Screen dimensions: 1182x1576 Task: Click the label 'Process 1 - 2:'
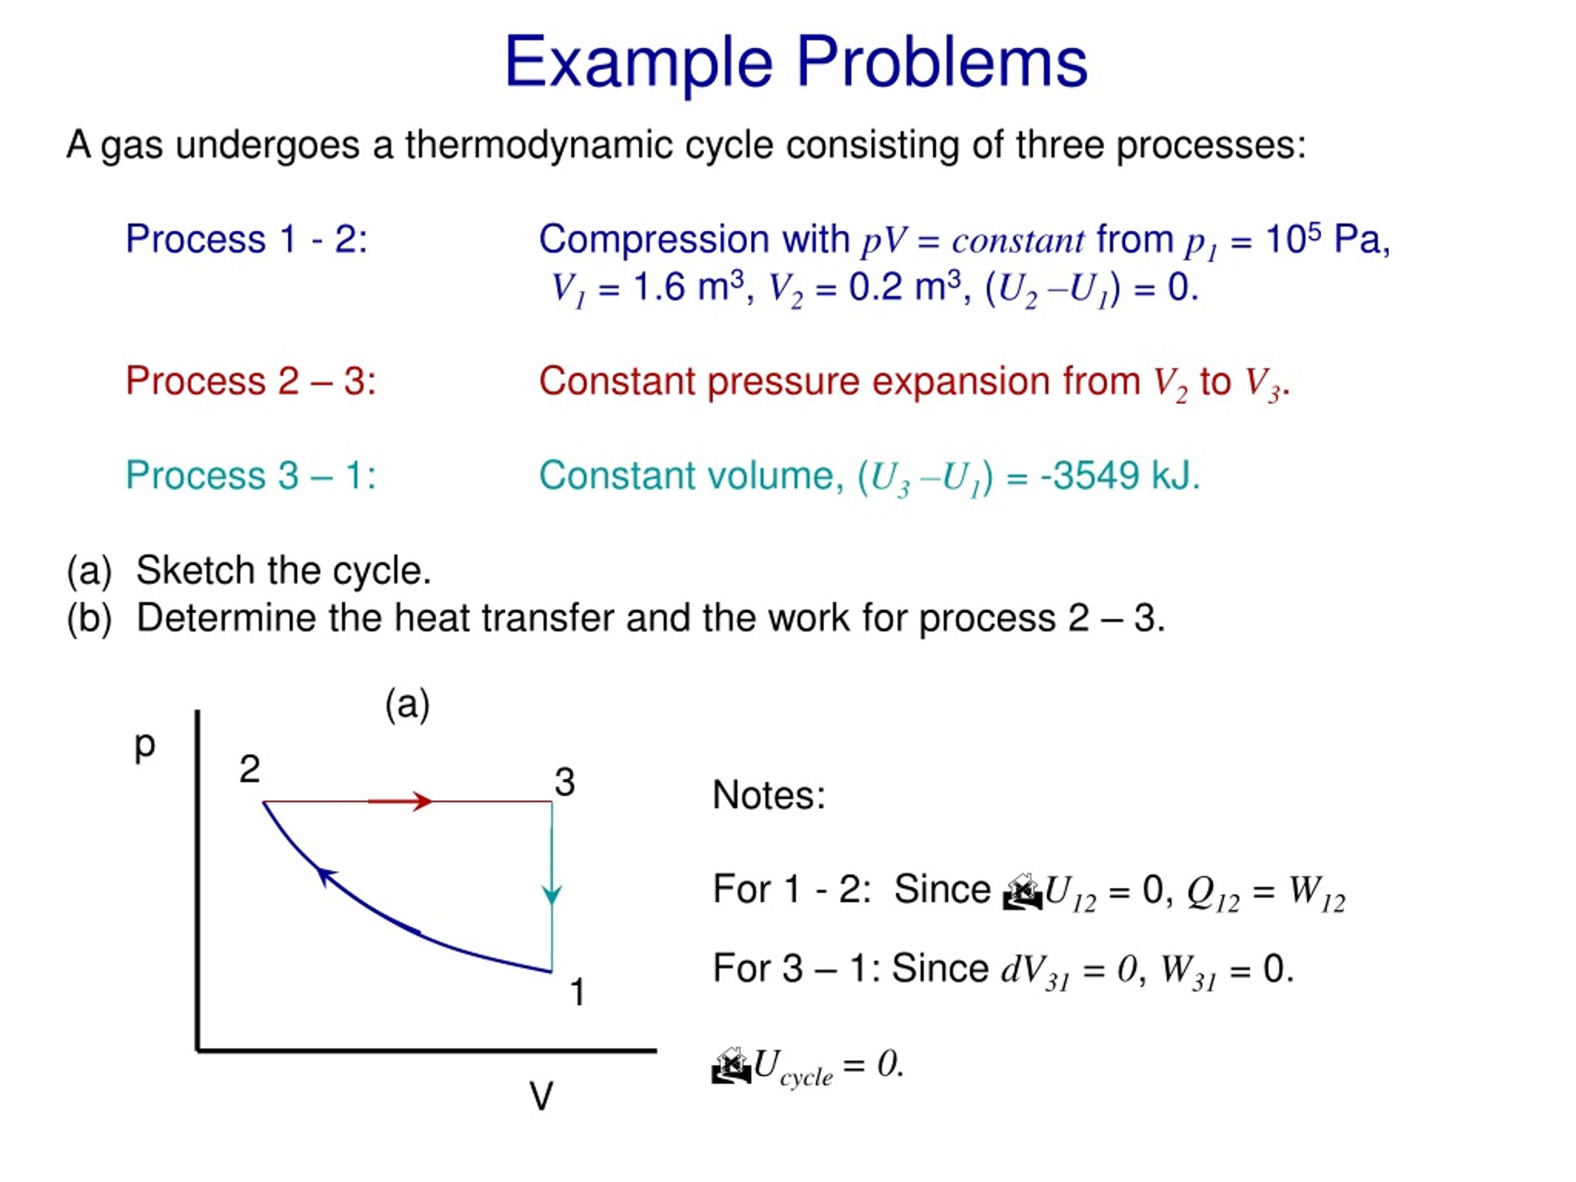[x=246, y=239]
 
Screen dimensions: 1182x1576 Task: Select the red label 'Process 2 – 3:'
[x=251, y=381]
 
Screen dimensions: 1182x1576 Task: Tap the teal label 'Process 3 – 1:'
[x=251, y=475]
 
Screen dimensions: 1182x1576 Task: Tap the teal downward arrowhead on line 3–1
[x=552, y=895]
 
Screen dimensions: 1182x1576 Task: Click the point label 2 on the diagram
[x=249, y=770]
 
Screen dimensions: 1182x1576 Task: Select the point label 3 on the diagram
[x=565, y=782]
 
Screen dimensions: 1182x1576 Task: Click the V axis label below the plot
[x=541, y=1096]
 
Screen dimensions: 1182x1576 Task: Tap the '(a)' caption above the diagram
[x=407, y=705]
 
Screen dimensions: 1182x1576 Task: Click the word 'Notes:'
[x=769, y=795]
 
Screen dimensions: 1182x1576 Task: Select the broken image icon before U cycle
[x=731, y=1067]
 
